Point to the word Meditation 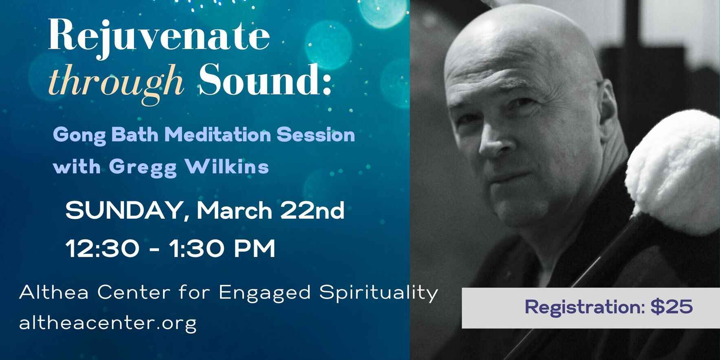point(218,135)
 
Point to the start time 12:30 point(102,248)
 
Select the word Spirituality point(378,293)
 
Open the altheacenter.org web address point(108,323)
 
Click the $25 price point(672,307)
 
